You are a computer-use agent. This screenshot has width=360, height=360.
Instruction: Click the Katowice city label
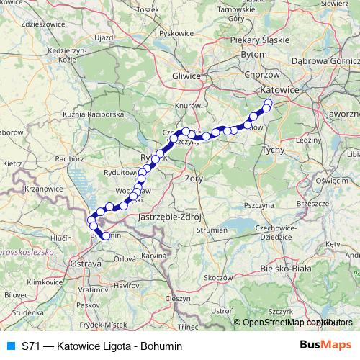click(277, 90)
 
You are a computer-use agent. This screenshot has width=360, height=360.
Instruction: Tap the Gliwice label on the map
click(186, 75)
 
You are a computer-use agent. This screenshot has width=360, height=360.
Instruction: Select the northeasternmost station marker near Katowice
click(269, 102)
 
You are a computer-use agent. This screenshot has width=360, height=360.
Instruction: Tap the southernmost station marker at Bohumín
click(106, 235)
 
